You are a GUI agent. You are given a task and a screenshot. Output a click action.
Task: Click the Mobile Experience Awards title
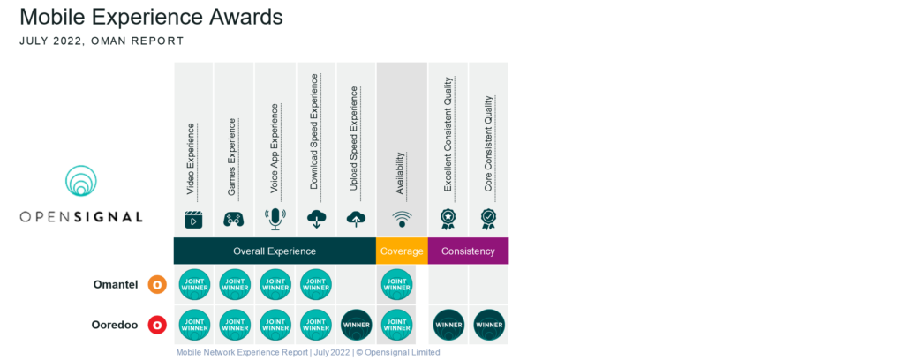point(151,17)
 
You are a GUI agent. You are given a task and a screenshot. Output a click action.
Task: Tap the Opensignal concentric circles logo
point(81,181)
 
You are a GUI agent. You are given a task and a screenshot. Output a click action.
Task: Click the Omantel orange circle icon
point(157,285)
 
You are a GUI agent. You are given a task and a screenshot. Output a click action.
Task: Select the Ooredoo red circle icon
point(157,326)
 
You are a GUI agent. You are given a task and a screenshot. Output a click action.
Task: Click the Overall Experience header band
point(274,251)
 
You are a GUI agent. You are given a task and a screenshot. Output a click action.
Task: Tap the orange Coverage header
point(402,251)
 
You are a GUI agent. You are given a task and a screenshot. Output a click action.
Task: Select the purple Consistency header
point(468,251)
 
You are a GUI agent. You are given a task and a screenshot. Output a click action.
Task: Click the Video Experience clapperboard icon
point(193,220)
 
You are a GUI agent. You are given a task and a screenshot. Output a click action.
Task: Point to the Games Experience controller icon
point(234,220)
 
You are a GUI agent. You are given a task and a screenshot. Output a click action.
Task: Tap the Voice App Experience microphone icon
point(275,220)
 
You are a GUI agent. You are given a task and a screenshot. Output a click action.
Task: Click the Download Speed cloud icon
point(316,220)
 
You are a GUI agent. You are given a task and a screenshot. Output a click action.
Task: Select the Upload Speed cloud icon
point(357,220)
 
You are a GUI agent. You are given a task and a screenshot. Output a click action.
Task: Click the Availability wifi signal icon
point(401,220)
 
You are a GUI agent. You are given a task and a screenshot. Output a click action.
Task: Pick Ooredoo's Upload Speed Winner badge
point(357,326)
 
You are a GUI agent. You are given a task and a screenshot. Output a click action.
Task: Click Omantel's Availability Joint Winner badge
point(397,285)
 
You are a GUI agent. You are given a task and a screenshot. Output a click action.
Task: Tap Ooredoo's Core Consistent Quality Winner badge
point(489,326)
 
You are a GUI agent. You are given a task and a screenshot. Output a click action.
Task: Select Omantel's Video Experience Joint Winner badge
point(194,285)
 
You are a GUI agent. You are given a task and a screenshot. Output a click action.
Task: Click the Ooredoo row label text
point(117,326)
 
